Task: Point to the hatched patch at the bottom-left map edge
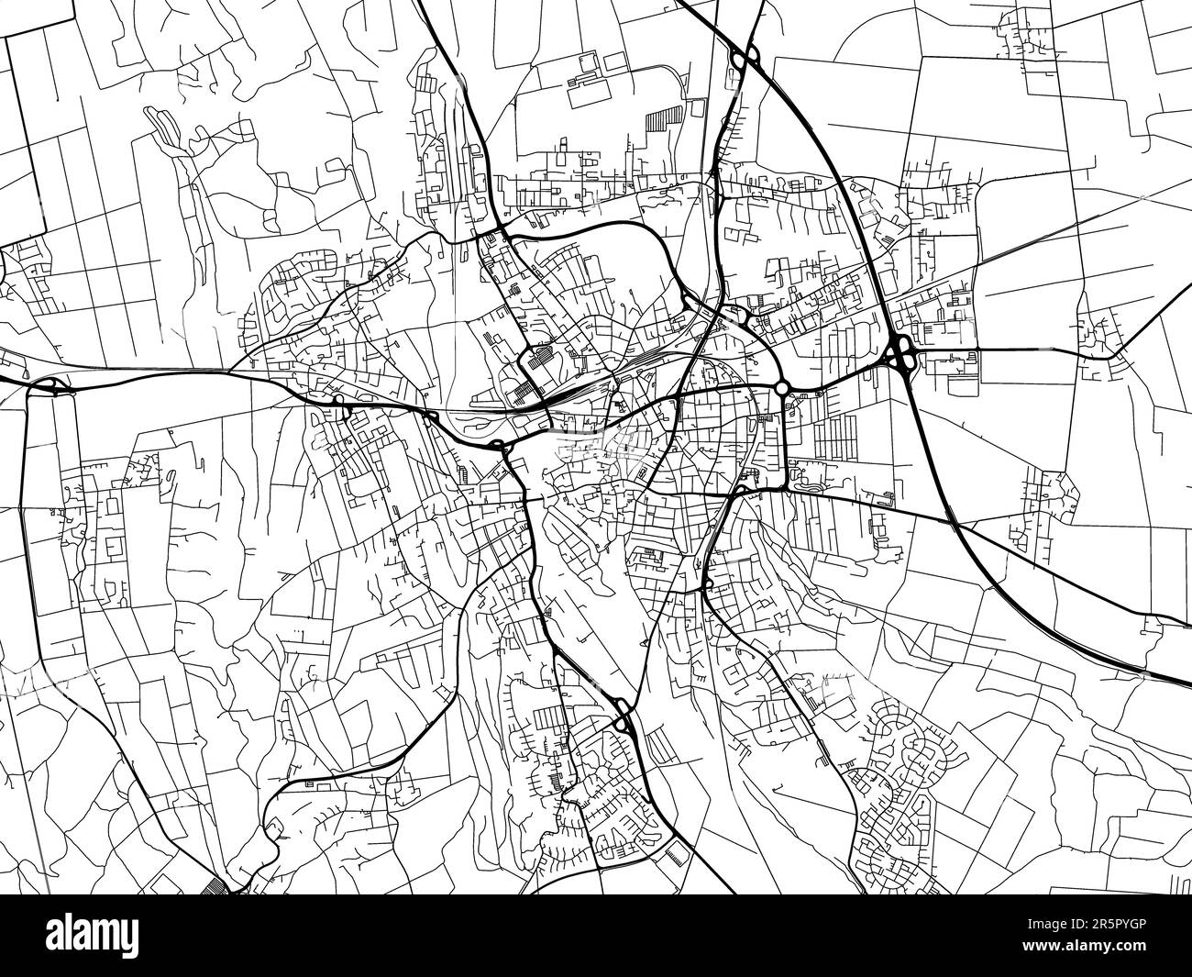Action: [216, 884]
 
